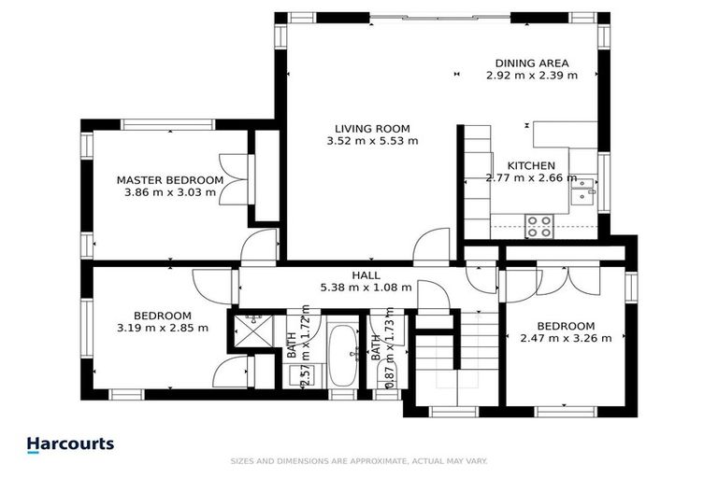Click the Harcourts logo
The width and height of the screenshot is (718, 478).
pos(70,444)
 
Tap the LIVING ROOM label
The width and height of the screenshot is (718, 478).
pos(372,129)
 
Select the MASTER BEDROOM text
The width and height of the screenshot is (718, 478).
pos(169,180)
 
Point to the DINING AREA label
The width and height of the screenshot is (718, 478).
pos(531,63)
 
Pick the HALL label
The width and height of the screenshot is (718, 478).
pos(366,275)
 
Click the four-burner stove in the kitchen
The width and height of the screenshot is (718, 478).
pos(538,225)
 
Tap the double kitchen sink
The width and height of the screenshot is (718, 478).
pos(583,190)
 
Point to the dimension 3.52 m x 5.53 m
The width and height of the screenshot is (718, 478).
pos(372,141)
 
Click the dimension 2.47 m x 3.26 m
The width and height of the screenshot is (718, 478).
pos(566,338)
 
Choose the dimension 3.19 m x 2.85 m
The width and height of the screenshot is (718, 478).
pos(162,328)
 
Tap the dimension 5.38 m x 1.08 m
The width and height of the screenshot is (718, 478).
pos(366,288)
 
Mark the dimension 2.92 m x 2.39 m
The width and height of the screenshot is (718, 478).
pos(531,76)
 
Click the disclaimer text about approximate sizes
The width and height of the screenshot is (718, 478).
pos(359,461)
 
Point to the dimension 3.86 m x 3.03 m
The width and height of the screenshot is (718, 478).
pos(169,192)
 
